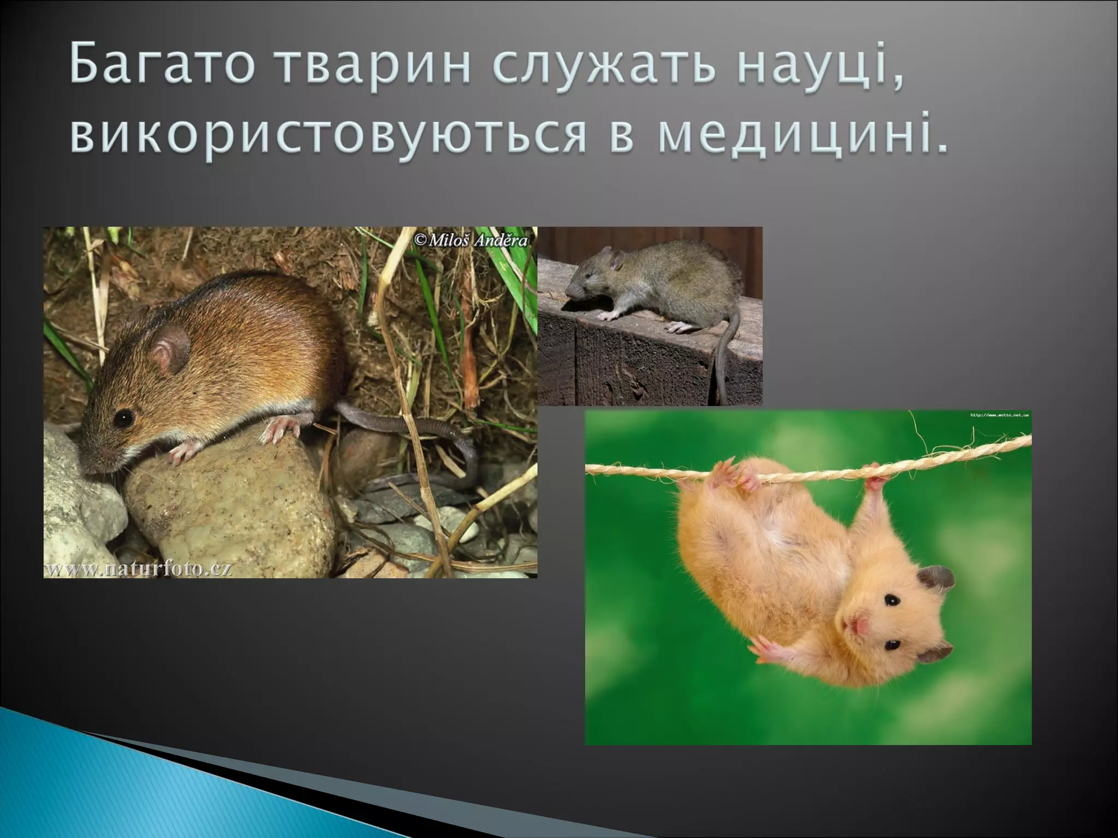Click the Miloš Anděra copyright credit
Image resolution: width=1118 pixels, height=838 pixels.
click(x=472, y=240)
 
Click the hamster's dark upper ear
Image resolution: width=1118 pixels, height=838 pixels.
click(x=936, y=579)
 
